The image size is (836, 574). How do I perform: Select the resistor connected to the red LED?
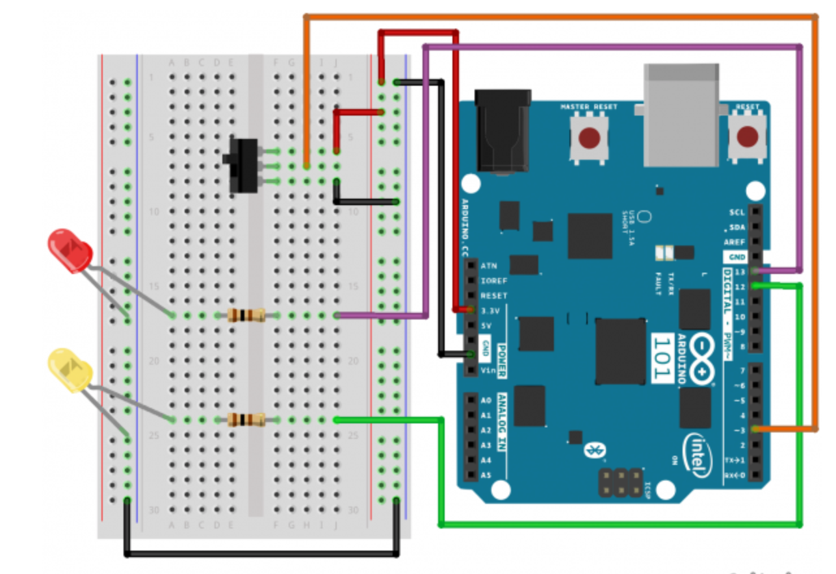pos(246,316)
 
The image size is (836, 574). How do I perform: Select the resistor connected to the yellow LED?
pos(246,419)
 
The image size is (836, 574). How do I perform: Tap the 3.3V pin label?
pos(491,310)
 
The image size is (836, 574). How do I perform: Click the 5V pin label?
pos(487,325)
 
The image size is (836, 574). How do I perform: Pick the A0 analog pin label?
pos(486,401)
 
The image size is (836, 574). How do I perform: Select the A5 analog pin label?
pos(486,475)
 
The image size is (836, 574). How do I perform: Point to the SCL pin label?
pos(737,212)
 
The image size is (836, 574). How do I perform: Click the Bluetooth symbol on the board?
pos(592,449)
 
